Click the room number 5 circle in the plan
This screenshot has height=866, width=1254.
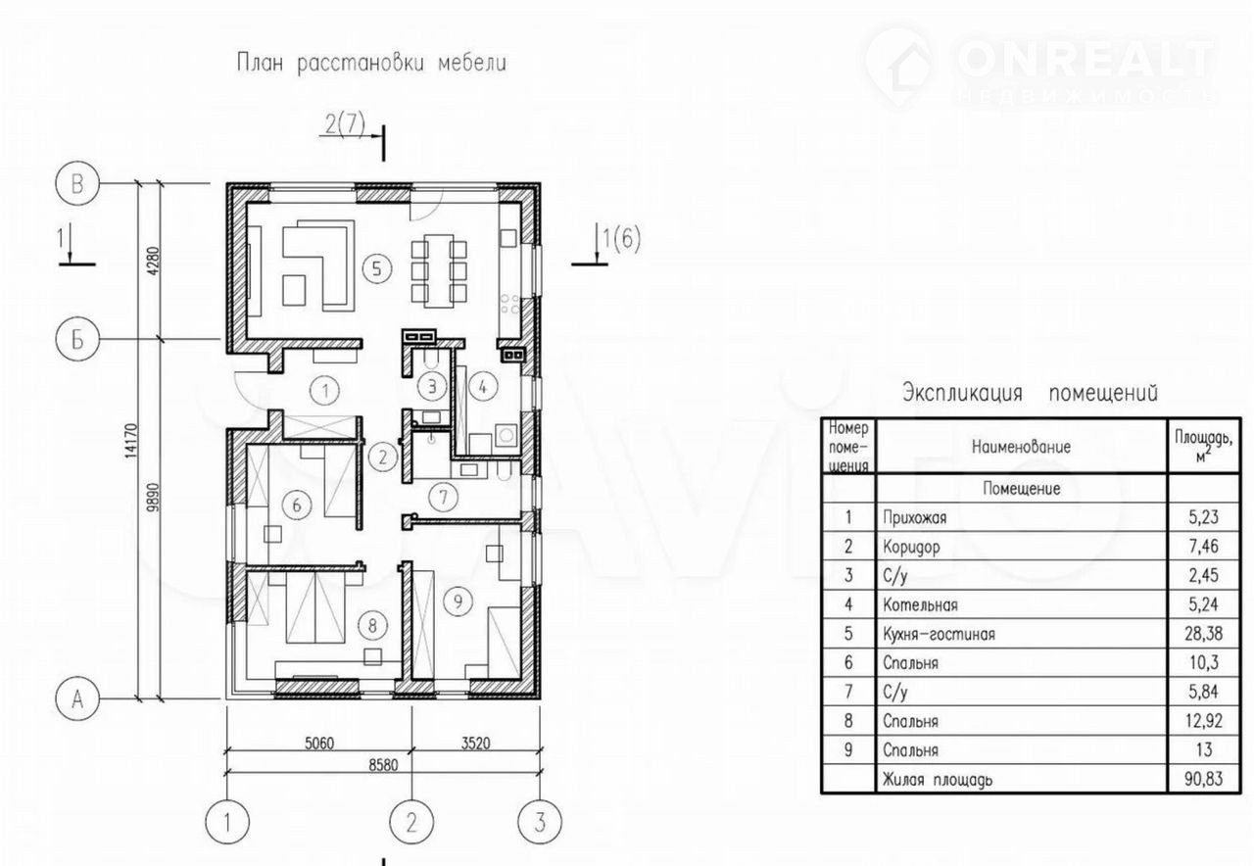pos(376,268)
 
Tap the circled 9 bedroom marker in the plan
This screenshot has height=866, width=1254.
pos(458,601)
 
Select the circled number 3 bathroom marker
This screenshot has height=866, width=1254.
pos(432,386)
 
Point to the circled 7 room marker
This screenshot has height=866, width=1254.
pos(444,497)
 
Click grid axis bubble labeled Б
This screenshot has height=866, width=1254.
pos(77,339)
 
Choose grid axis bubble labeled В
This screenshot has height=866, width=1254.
pos(77,183)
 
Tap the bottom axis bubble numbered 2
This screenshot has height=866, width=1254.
pos(411,822)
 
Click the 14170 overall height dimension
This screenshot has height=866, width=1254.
pos(131,441)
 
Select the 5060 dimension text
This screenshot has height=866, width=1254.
pos(319,743)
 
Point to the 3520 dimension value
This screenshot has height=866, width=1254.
pos(475,743)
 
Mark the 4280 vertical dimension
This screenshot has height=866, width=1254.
pos(154,261)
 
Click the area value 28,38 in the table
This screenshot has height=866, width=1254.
pos(1203,634)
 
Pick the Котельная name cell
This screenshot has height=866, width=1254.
pos(920,604)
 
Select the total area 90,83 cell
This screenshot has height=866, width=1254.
pos(1204,779)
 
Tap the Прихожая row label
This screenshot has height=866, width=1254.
pos(915,517)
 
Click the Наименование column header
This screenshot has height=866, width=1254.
pos(1021,447)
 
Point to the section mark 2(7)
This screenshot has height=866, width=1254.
pos(345,123)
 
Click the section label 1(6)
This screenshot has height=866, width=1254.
pos(621,239)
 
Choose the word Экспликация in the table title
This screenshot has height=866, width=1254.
pos(962,393)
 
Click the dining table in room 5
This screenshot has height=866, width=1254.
pos(439,271)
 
